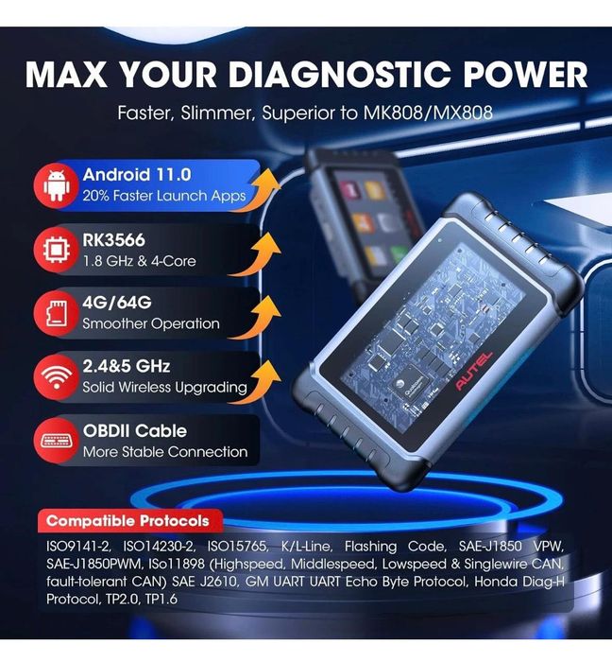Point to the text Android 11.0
click(137, 175)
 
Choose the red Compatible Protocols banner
click(128, 520)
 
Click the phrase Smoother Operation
click(151, 323)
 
